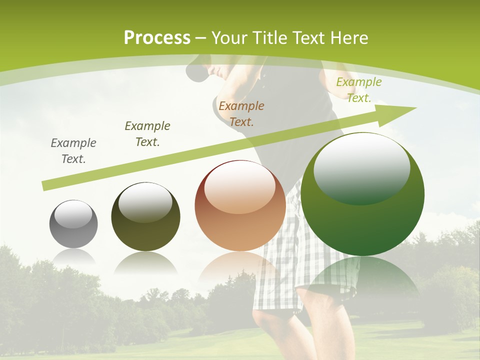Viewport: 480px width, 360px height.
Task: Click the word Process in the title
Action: tap(157, 38)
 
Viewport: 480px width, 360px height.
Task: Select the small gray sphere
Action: tap(73, 224)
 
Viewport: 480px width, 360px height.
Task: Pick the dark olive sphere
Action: tap(145, 216)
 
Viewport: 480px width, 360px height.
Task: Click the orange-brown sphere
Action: tap(240, 206)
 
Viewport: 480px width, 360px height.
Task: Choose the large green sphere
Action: tap(362, 194)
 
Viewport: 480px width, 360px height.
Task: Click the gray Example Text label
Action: tap(73, 151)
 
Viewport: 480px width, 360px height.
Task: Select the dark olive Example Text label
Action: tap(147, 133)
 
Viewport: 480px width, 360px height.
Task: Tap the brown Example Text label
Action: tap(241, 113)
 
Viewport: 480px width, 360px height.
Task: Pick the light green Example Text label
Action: tap(358, 90)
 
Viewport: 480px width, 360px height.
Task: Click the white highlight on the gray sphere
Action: tap(73, 215)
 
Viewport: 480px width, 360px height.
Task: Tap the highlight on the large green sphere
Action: tap(361, 167)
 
